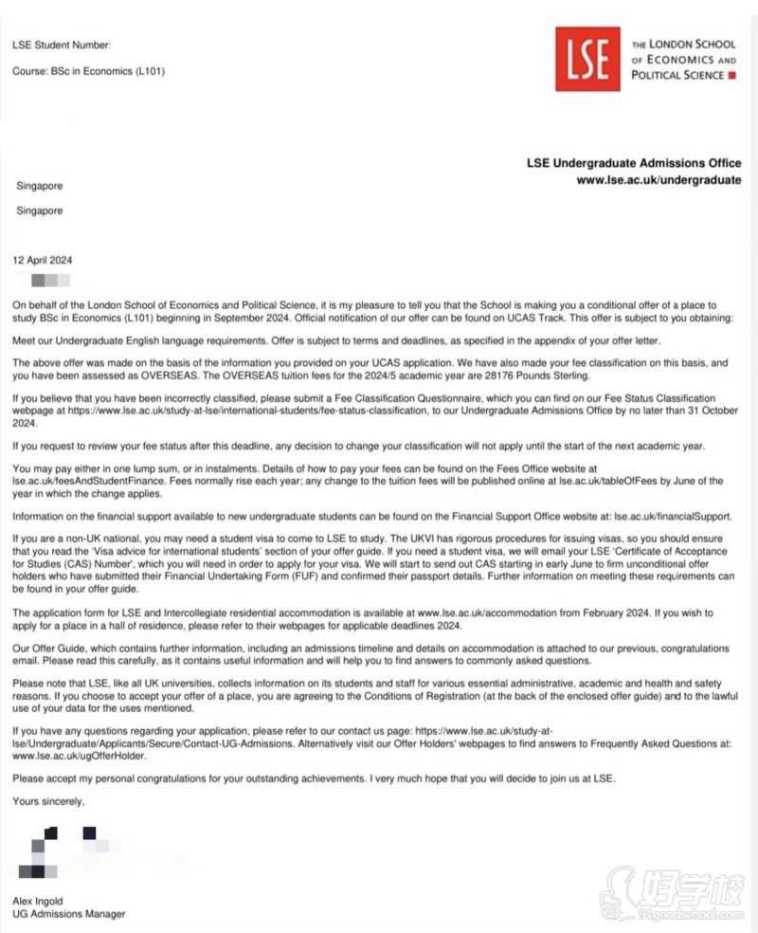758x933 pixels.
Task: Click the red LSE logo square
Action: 587,59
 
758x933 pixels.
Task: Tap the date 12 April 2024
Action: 43,260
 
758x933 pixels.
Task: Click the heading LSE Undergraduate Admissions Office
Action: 634,163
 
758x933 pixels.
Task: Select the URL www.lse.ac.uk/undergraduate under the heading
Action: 659,180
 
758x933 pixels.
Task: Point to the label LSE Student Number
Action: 62,46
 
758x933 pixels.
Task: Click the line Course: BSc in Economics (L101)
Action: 88,71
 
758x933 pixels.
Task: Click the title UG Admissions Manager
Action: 68,914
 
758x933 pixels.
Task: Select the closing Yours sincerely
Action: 48,801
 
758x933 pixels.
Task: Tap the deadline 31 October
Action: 704,414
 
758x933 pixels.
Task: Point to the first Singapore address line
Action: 40,186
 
